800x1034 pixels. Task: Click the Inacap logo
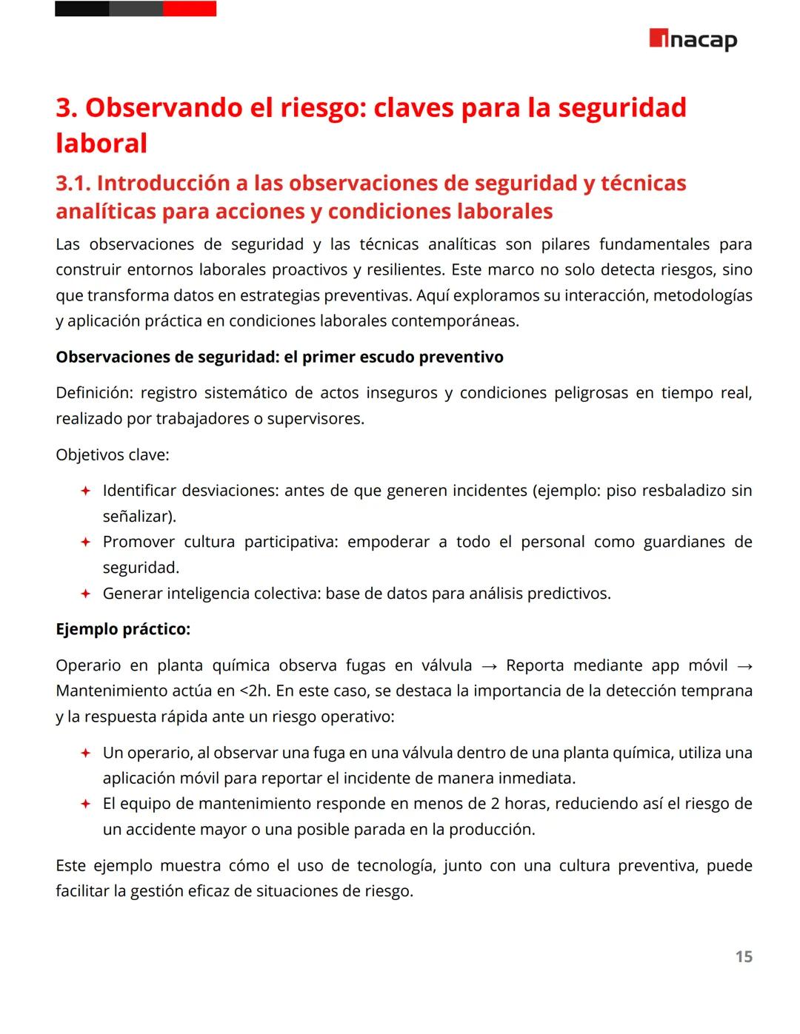693,39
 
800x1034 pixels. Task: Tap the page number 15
744,957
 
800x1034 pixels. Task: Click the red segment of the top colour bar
190,9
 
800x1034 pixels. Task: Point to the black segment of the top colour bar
81,9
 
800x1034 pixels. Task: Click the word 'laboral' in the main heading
101,143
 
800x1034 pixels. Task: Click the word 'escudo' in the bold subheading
387,357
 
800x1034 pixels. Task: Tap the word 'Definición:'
94,393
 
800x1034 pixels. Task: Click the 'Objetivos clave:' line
113,454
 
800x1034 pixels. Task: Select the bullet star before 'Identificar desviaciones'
85,491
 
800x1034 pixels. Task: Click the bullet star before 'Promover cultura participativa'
85,542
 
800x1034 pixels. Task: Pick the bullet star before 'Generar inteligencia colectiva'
85,594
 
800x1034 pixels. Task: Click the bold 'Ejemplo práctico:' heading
123,629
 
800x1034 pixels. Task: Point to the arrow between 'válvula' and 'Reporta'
489,666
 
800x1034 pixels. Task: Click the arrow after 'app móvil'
744,666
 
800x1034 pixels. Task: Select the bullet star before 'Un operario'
85,753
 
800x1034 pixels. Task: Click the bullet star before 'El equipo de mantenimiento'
85,804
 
